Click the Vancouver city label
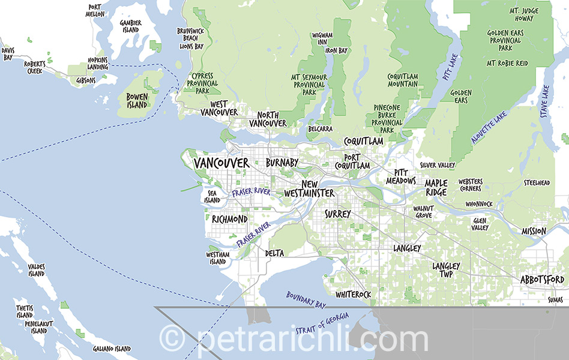(x=221, y=163)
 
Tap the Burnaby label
(x=281, y=163)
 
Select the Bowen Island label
(x=137, y=101)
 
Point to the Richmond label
(x=229, y=219)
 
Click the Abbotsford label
(x=542, y=280)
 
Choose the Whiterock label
(x=353, y=295)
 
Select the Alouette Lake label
(x=489, y=127)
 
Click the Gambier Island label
(x=131, y=26)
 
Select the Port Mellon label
(x=95, y=10)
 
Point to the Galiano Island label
(x=112, y=349)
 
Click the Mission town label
(x=534, y=231)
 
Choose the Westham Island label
(x=217, y=258)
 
